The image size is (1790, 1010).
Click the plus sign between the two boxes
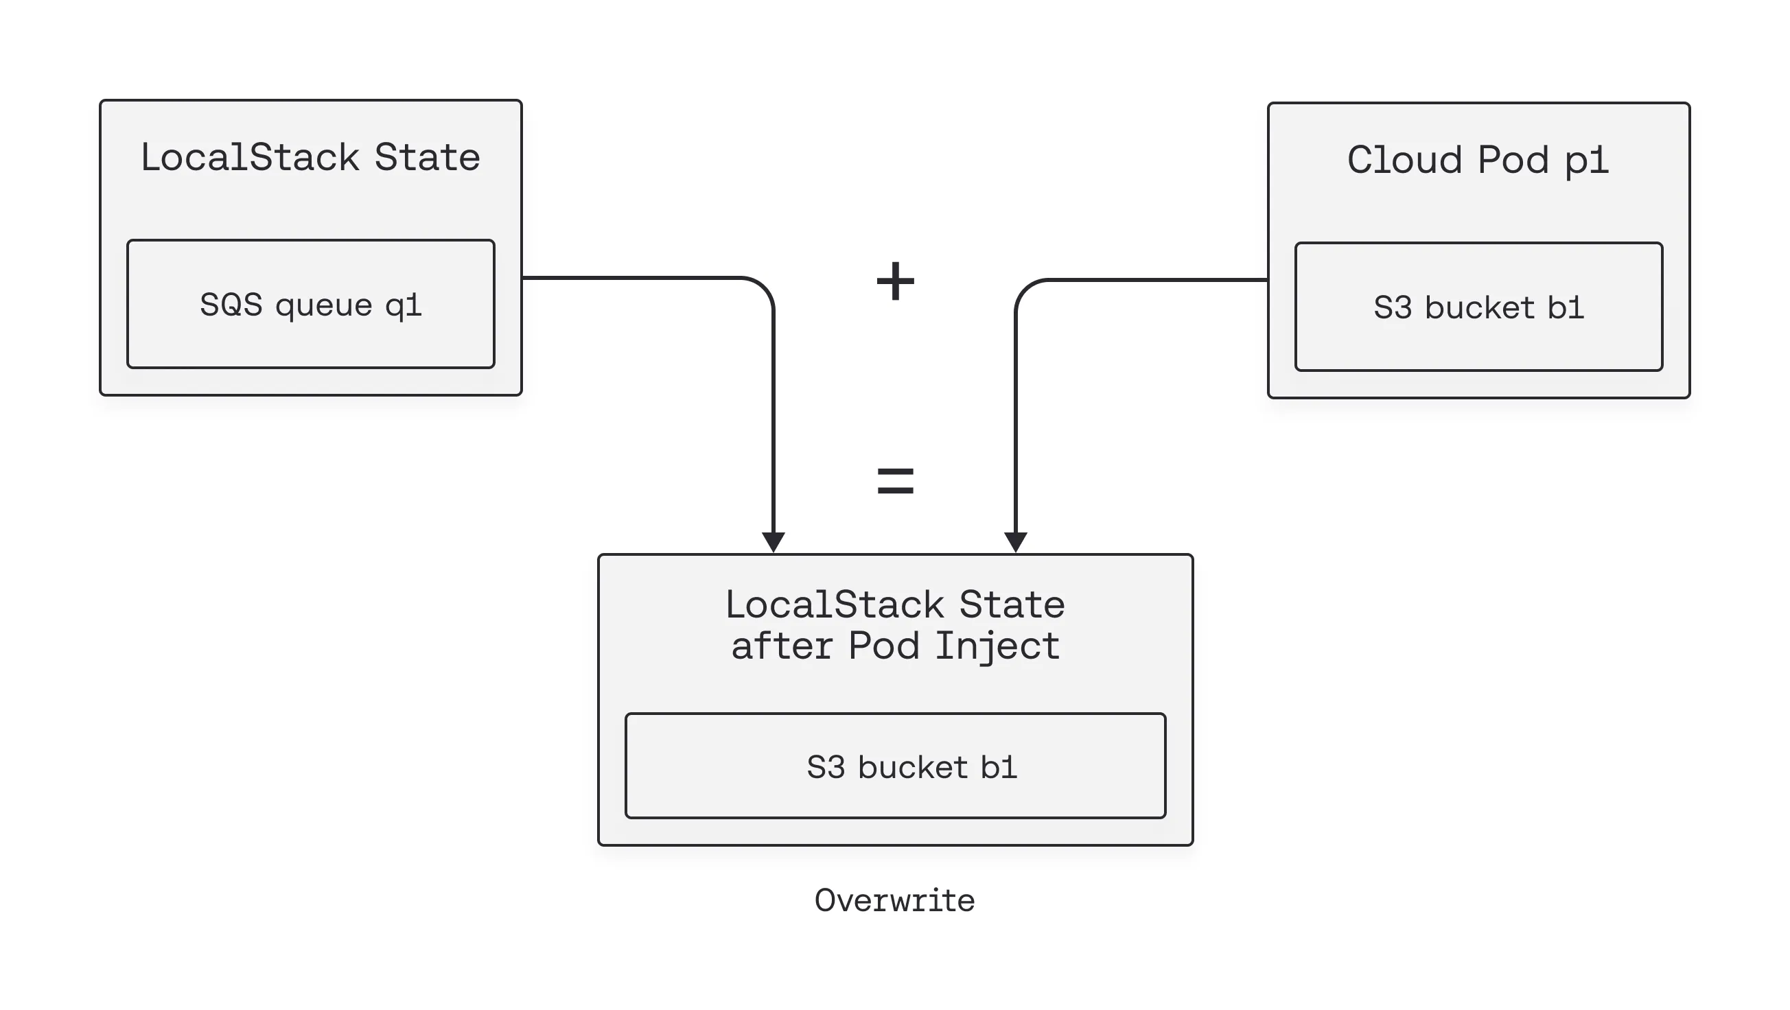895,281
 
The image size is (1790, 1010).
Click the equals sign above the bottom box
895,481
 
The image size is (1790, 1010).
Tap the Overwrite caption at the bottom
894,901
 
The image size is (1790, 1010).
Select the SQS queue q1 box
311,304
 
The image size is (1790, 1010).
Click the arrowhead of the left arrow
774,542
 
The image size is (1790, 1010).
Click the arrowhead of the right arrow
1016,542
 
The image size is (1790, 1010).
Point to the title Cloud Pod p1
1478,160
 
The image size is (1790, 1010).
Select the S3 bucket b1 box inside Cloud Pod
1478,307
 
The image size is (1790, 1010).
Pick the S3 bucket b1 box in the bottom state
895,766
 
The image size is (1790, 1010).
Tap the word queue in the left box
324,305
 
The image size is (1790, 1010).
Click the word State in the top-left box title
427,157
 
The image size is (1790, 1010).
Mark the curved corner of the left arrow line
763,287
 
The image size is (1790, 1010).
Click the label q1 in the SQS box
403,305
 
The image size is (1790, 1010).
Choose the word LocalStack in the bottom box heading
834,604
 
